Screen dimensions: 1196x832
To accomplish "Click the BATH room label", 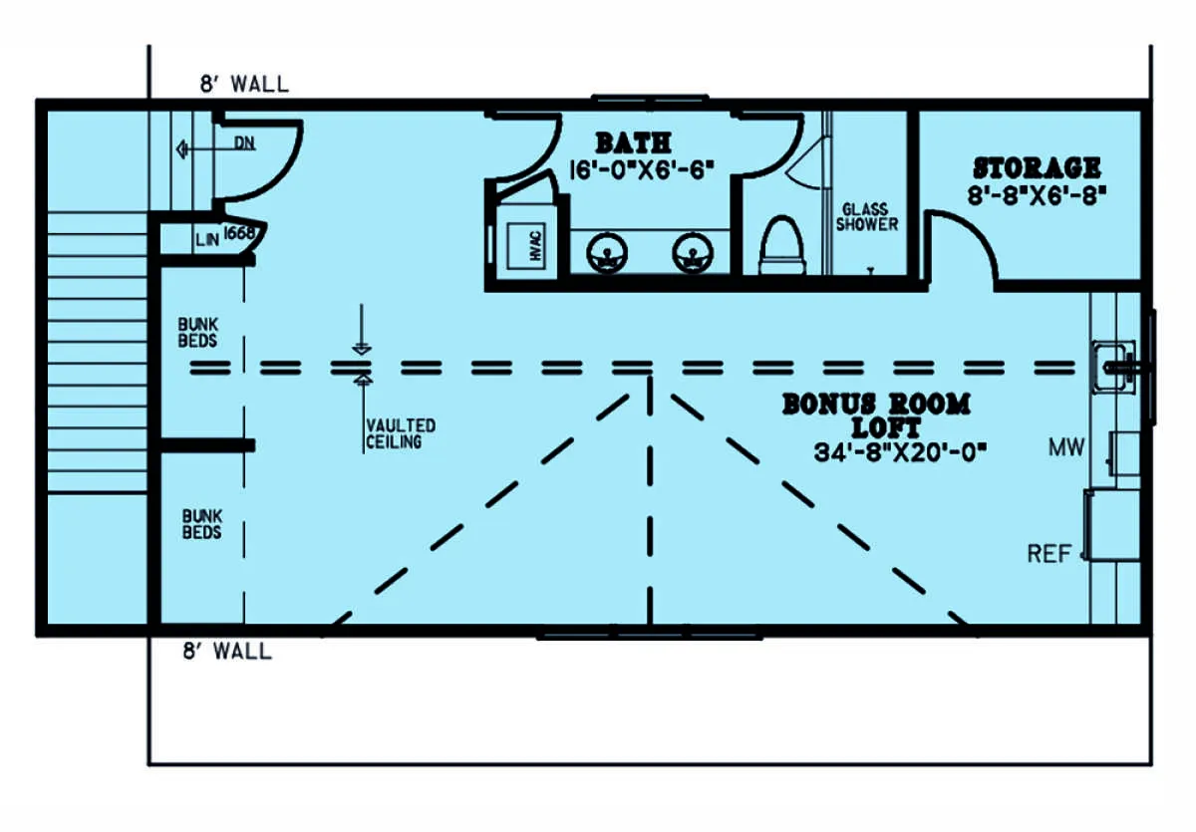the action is [x=633, y=143].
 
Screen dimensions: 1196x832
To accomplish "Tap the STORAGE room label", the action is [x=1037, y=167].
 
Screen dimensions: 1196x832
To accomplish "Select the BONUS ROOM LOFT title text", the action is [x=877, y=416].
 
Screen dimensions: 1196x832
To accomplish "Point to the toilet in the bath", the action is [x=782, y=245].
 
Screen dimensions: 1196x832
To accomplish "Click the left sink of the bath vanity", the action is [x=607, y=253].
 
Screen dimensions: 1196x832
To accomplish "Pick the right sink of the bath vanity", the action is [x=693, y=253].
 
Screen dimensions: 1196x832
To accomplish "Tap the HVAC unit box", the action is [x=526, y=246].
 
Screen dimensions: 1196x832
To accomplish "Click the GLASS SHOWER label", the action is [x=866, y=216].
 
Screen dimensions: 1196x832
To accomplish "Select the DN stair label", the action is [x=244, y=143].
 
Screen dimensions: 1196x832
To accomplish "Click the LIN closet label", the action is [x=207, y=240].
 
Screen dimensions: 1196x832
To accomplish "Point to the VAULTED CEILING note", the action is [x=401, y=433].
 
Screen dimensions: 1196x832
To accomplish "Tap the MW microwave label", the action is [x=1066, y=447].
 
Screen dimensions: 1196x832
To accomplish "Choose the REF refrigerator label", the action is [x=1049, y=554].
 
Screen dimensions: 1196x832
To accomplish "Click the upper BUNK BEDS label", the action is [x=197, y=333].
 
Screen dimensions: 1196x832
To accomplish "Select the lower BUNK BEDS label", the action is [x=201, y=524].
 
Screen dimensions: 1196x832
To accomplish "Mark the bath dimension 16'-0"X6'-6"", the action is [x=641, y=170].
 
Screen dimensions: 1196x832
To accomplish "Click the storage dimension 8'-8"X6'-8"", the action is [x=1037, y=196].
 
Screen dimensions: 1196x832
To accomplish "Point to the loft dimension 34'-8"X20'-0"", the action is [x=900, y=453].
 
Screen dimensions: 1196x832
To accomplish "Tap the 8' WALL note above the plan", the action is [x=244, y=85].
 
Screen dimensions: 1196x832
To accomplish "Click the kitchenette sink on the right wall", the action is [x=1116, y=367].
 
